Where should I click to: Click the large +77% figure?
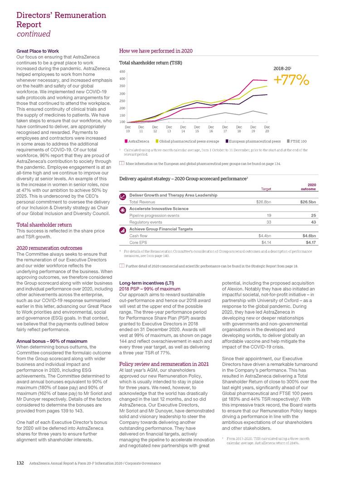pyautogui.click(x=291, y=80)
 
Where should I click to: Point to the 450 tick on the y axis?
pyautogui.click(x=122, y=71)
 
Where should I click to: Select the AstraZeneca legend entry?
pyautogui.click(x=130, y=142)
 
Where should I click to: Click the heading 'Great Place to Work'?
pyautogui.click(x=37, y=51)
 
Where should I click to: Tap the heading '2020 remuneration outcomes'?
pyautogui.click(x=49, y=248)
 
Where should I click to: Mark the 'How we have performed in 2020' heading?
pyautogui.click(x=156, y=51)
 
